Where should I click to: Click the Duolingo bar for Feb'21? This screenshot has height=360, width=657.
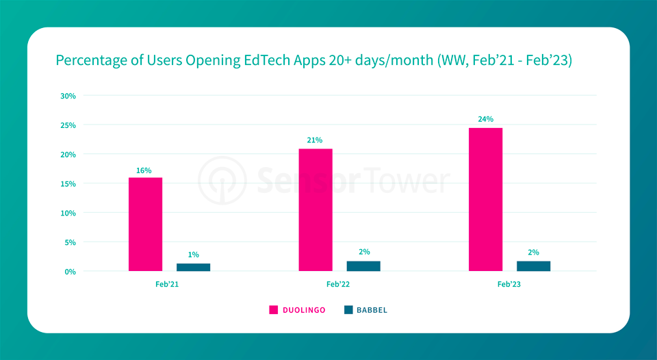[145, 224]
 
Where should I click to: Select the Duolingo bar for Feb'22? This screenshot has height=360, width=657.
[315, 210]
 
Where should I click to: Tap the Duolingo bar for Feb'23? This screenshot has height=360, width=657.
[485, 200]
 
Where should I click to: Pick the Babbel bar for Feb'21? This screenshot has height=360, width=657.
[193, 267]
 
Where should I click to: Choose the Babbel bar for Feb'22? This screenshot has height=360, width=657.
[363, 266]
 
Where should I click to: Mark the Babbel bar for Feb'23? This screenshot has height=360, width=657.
[533, 266]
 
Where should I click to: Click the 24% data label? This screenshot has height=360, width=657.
[485, 119]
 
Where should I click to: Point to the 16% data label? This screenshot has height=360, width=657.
[144, 170]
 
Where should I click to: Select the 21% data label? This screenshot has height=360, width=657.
[315, 140]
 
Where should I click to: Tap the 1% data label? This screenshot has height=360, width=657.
[193, 255]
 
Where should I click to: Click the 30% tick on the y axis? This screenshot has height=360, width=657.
[68, 96]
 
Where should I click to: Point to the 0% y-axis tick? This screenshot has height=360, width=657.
[70, 272]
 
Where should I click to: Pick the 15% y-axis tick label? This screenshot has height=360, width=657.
[68, 183]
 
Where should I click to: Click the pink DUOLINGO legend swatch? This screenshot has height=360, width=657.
[273, 310]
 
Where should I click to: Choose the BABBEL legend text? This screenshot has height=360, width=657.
[372, 310]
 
